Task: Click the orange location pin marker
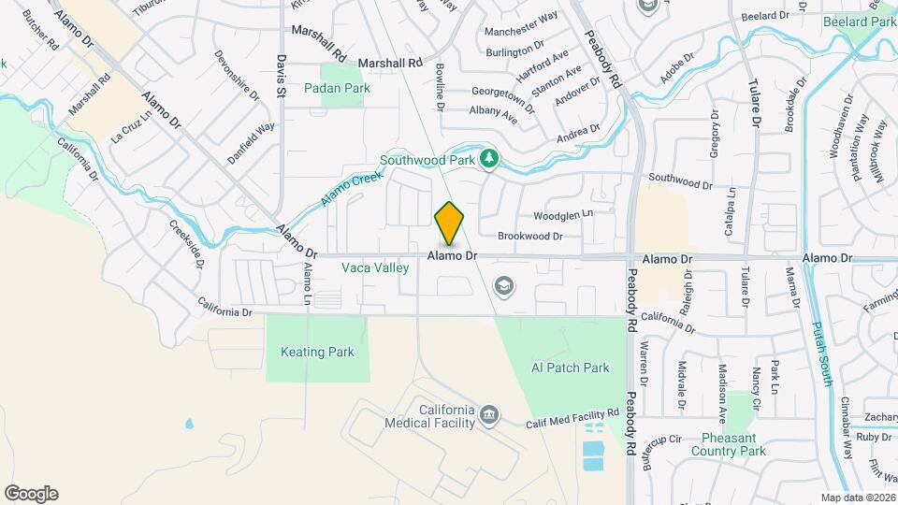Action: [x=450, y=224]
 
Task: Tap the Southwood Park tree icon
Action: [x=487, y=159]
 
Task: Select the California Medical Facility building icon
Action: [x=487, y=414]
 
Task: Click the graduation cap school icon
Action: [x=503, y=284]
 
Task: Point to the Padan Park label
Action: [x=338, y=89]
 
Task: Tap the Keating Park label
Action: [x=317, y=353]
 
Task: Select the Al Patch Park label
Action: [x=570, y=368]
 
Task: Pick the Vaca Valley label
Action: [x=375, y=268]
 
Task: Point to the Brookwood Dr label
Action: [x=529, y=237]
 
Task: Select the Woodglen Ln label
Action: [x=563, y=214]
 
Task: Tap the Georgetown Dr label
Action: [x=503, y=97]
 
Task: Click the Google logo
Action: [x=31, y=494]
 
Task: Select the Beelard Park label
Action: [x=860, y=22]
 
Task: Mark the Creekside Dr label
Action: [x=186, y=244]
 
